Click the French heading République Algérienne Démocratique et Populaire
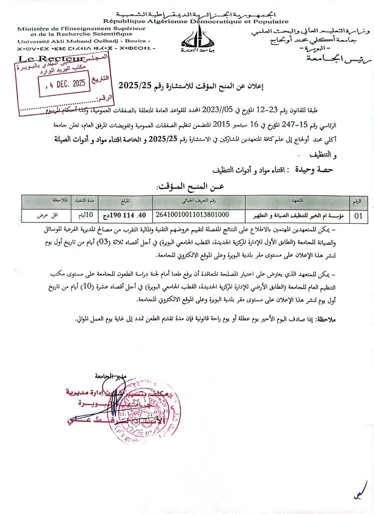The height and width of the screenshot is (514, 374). (x=196, y=22)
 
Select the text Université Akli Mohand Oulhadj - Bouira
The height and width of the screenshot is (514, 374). (x=83, y=41)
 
